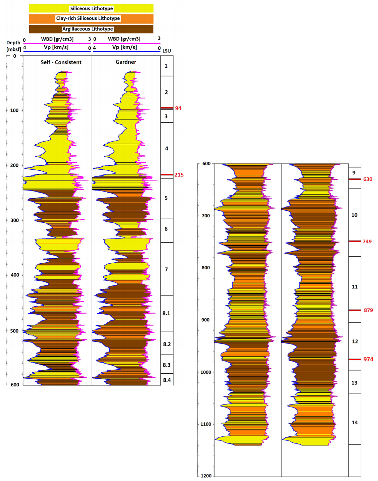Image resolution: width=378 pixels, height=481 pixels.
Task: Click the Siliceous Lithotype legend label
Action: (x=91, y=8)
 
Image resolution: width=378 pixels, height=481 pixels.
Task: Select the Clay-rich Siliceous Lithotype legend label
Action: (x=88, y=18)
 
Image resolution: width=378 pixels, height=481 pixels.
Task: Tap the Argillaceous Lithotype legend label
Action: (x=88, y=29)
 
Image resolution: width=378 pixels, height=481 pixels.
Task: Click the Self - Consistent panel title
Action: (x=61, y=62)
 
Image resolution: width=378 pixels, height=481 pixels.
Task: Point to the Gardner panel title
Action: (x=126, y=62)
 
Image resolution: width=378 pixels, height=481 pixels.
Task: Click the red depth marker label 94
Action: (x=178, y=108)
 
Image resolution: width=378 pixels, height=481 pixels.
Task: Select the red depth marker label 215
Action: (x=179, y=175)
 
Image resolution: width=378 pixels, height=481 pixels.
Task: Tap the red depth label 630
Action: (x=368, y=179)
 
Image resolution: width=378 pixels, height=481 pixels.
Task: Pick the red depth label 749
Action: (x=367, y=242)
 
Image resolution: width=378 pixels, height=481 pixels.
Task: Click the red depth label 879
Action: (x=368, y=310)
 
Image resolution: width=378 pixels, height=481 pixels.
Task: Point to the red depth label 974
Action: (x=368, y=359)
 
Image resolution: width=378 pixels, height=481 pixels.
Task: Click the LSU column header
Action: (x=167, y=51)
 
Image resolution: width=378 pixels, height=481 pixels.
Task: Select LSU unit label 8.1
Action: (x=166, y=313)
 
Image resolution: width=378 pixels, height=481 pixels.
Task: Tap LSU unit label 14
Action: (x=355, y=423)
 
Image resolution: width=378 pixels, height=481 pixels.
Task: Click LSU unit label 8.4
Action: (x=167, y=380)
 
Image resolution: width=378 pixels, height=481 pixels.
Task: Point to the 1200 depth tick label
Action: (x=206, y=476)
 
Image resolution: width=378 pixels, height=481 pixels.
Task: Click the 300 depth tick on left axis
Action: (x=14, y=220)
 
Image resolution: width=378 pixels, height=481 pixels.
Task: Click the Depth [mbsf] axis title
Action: (x=13, y=46)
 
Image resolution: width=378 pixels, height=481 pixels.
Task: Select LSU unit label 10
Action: (x=355, y=215)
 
